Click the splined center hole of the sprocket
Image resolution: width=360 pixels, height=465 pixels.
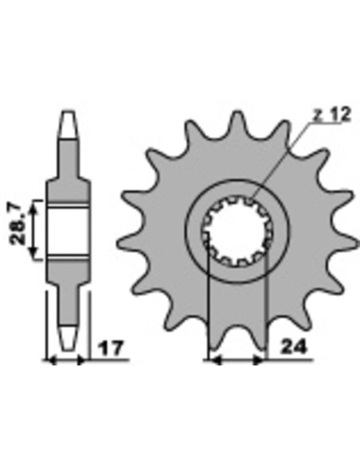tap(237, 231)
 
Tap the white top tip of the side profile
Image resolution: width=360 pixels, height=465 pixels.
tap(68, 123)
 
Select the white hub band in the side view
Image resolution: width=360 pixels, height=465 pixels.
tap(68, 231)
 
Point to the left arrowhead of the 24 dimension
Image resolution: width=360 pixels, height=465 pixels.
tap(213, 361)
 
